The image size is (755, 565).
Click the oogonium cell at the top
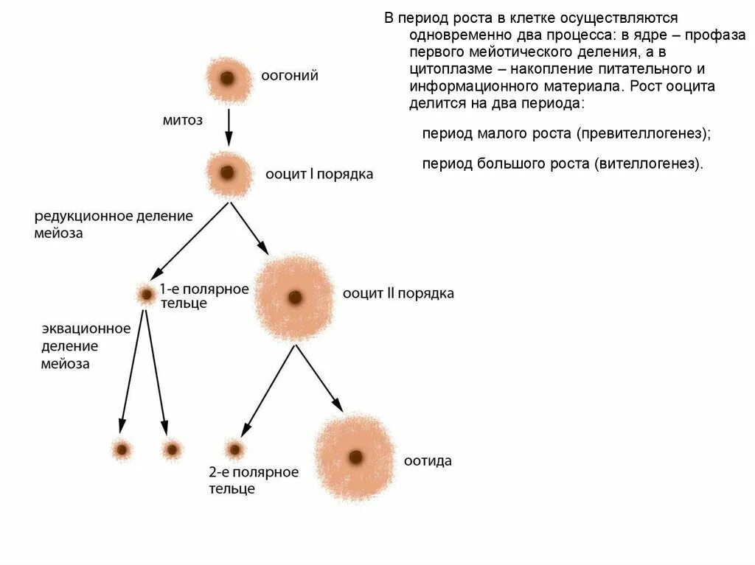tap(227, 78)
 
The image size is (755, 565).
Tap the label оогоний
tap(290, 76)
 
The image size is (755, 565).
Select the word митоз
tap(182, 120)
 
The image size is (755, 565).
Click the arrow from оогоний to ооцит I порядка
tap(229, 127)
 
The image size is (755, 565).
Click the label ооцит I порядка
tap(319, 175)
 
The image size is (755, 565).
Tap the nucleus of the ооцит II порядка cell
tap(295, 298)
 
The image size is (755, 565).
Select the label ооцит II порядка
tap(398, 294)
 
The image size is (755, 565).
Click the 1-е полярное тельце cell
tap(146, 295)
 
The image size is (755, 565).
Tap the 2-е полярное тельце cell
tap(234, 448)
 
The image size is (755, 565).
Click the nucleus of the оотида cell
tap(356, 457)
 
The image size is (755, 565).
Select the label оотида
tap(428, 462)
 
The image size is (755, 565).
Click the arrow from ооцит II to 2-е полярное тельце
tap(268, 391)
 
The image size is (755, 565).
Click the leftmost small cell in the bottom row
tap(122, 448)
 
